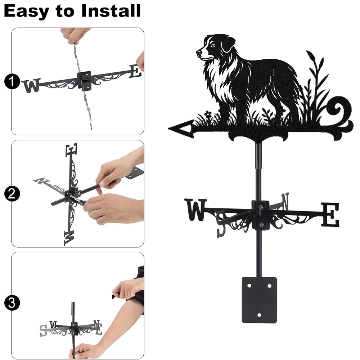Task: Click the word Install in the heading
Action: pyautogui.click(x=111, y=11)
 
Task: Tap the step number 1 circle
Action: pyautogui.click(x=12, y=81)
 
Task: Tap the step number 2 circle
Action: pyautogui.click(x=12, y=194)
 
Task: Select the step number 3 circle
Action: pyautogui.click(x=12, y=303)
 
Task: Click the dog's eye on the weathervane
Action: pyautogui.click(x=213, y=45)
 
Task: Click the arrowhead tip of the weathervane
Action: pyautogui.click(x=169, y=129)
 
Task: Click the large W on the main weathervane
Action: pyautogui.click(x=196, y=210)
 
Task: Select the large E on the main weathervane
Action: pyautogui.click(x=330, y=215)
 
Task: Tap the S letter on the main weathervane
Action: pyautogui.click(x=222, y=224)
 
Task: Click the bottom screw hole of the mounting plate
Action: pyautogui.click(x=260, y=315)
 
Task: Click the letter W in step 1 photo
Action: pyautogui.click(x=32, y=85)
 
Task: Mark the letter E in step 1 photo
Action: pyautogui.click(x=135, y=71)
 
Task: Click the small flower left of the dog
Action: pyautogui.click(x=208, y=114)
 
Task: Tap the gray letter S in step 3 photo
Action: pyautogui.click(x=43, y=330)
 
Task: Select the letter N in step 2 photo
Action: pyautogui.click(x=41, y=181)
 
